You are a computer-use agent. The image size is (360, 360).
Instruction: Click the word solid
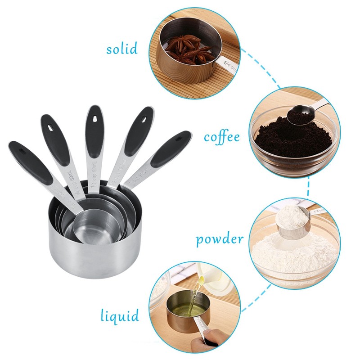pos(122,49)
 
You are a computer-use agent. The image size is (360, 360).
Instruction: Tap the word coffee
pos(222,137)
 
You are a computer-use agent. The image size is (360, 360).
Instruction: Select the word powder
pos(220,239)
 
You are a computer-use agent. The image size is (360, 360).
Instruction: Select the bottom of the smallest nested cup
pos(90,234)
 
